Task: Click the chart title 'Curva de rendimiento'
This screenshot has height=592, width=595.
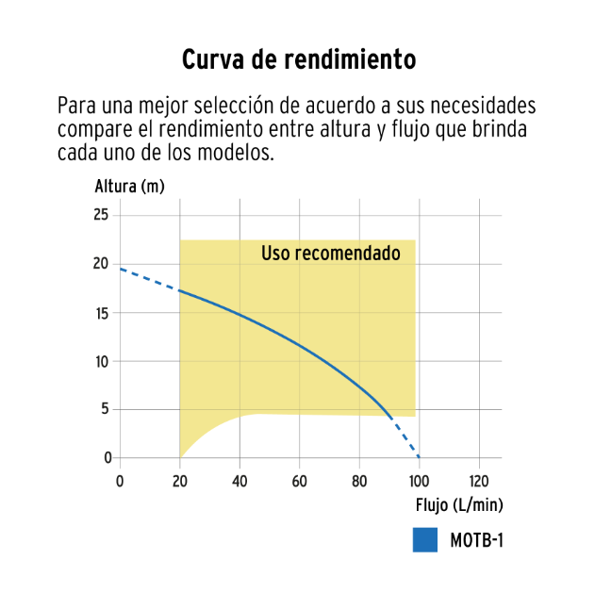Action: tap(299, 59)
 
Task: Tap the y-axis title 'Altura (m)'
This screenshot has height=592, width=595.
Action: tap(130, 186)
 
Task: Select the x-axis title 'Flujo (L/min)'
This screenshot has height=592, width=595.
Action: tap(459, 504)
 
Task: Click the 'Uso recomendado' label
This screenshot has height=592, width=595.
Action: tap(330, 254)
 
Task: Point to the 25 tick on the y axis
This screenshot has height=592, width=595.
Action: tap(102, 216)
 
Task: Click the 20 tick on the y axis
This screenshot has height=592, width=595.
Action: tap(102, 264)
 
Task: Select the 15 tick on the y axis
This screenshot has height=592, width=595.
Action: tap(102, 313)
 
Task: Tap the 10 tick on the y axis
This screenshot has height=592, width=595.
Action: tap(102, 361)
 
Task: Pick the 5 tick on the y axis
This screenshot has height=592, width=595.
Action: tap(106, 410)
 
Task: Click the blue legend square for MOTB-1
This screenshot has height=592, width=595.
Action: tap(425, 541)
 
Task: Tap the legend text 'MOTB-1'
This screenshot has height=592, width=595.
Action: tap(477, 542)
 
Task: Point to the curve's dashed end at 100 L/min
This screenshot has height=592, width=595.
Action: tap(418, 456)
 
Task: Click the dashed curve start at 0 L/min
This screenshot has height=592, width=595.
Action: tap(121, 270)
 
